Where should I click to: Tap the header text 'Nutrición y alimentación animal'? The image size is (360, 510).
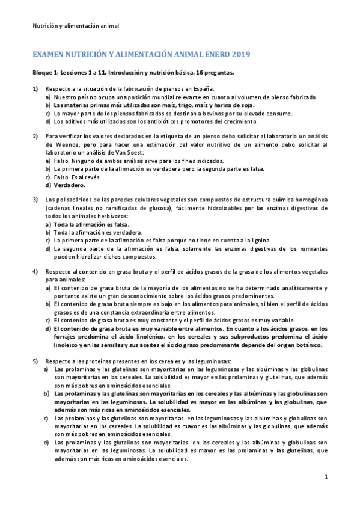click(75, 26)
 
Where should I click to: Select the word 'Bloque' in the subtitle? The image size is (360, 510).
click(43, 72)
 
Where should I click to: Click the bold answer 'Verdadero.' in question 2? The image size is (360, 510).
click(73, 185)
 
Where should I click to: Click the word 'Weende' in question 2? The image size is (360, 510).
click(57, 145)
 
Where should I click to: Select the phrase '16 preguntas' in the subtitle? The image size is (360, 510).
click(213, 72)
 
